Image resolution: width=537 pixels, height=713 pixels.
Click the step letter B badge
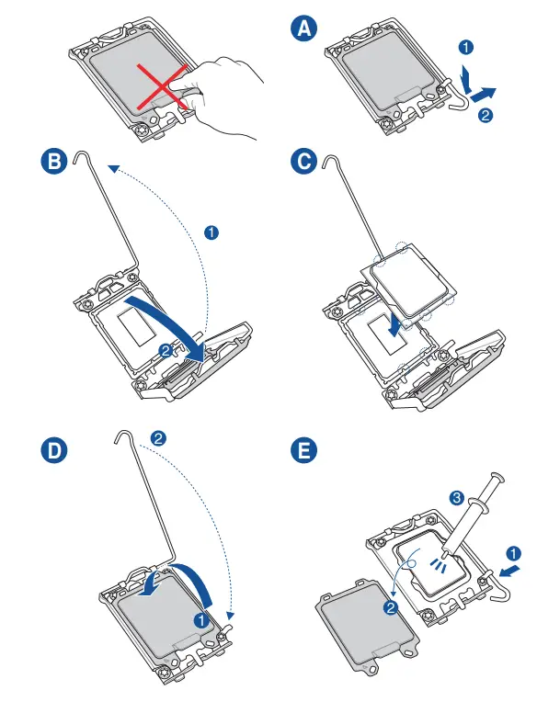pyautogui.click(x=54, y=161)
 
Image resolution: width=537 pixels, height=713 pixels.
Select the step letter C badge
pyautogui.click(x=304, y=161)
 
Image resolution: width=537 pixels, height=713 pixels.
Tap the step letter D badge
pyautogui.click(x=54, y=450)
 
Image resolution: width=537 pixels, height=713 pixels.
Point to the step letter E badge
pyautogui.click(x=304, y=450)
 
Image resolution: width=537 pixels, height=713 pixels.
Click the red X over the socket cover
pyautogui.click(x=163, y=86)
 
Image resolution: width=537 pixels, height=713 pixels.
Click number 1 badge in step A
pyautogui.click(x=465, y=47)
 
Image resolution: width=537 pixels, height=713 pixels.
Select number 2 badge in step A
pyautogui.click(x=486, y=115)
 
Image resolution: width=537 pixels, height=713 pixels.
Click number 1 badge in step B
pyautogui.click(x=211, y=232)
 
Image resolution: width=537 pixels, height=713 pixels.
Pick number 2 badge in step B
pyautogui.click(x=166, y=351)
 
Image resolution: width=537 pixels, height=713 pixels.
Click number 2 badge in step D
pyautogui.click(x=158, y=438)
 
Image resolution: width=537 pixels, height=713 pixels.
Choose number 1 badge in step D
pyautogui.click(x=201, y=619)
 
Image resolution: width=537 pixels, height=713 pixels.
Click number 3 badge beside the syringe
pyautogui.click(x=456, y=497)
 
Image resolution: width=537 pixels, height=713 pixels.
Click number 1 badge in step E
pyautogui.click(x=513, y=554)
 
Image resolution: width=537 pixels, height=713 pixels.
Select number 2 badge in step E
pyautogui.click(x=391, y=607)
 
